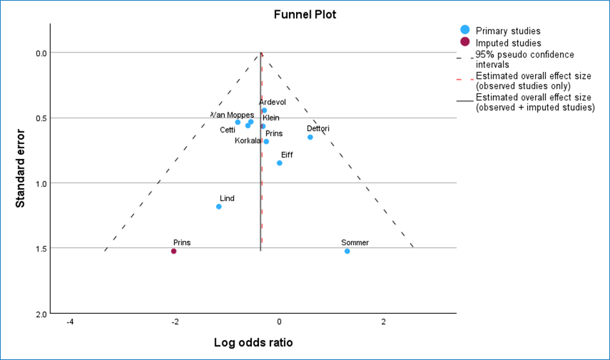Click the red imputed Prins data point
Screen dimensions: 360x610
(x=174, y=251)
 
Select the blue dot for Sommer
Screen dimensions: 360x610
(x=347, y=251)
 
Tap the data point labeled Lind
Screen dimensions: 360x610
(x=219, y=206)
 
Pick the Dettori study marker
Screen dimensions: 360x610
(x=310, y=137)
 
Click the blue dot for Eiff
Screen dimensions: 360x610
(x=279, y=163)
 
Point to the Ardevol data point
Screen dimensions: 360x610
(x=264, y=110)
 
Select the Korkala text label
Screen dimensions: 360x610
(x=247, y=140)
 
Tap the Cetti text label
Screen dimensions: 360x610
(x=227, y=130)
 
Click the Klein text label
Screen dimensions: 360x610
(x=271, y=118)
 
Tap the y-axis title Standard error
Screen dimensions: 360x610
(x=20, y=168)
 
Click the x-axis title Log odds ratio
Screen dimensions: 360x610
(x=253, y=343)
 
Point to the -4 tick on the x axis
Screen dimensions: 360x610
(x=70, y=321)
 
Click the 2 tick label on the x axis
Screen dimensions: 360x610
(x=383, y=321)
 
